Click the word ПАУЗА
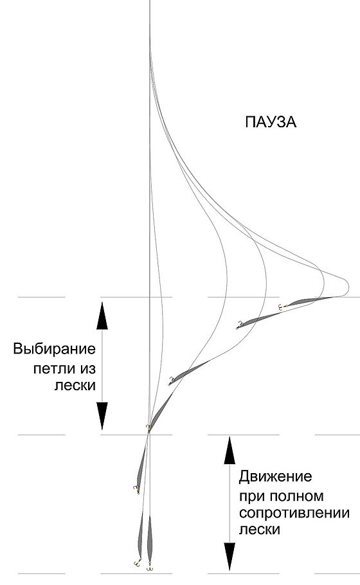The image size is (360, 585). coord(271,122)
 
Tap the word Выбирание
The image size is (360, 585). coord(55,349)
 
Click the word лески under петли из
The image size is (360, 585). coord(75,385)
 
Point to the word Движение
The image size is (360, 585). coord(275,476)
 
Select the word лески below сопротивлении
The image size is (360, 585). coord(260,530)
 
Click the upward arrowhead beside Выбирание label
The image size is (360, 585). coord(102,316)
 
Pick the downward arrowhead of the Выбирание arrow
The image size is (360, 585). coord(102,417)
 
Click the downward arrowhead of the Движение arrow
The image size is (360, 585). coord(230,557)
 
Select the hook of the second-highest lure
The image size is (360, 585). coord(238,326)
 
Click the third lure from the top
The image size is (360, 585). coord(189,372)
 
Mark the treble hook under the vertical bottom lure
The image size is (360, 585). coord(150,567)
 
